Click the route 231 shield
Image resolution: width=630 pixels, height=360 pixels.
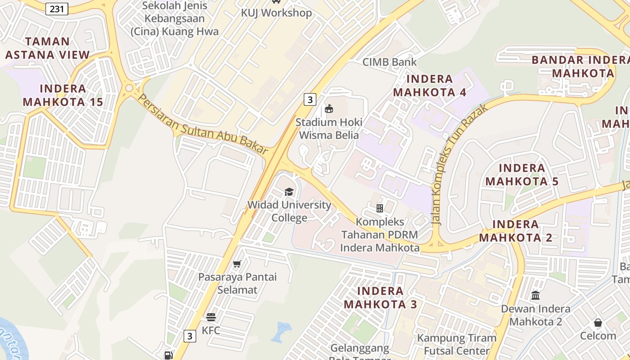tap(57, 9)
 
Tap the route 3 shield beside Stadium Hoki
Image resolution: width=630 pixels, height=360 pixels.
tap(310, 99)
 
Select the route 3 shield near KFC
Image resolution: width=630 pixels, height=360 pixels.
tap(190, 336)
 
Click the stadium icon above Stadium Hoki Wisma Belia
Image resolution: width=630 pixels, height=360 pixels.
tap(329, 108)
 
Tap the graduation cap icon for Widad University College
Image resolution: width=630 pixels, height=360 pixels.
tap(289, 192)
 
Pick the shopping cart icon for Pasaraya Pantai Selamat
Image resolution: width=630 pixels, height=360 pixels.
tap(237, 264)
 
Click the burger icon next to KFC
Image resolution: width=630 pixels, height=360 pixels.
tap(211, 317)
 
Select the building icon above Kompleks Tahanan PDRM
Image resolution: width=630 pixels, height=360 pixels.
tap(380, 208)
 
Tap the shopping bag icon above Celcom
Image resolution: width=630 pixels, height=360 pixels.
tap(598, 323)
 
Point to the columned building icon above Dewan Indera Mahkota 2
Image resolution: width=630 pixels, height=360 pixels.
tap(535, 296)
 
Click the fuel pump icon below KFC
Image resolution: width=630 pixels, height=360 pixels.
tap(168, 355)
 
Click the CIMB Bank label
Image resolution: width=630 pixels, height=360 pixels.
tap(390, 62)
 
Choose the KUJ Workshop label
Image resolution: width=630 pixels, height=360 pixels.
tap(276, 13)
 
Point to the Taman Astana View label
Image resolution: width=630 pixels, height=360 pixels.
tap(47, 48)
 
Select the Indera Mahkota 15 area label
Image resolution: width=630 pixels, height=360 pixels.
tap(63, 95)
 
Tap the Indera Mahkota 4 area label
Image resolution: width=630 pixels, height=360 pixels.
tap(430, 85)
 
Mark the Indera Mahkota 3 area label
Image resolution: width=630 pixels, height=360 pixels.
tap(380, 297)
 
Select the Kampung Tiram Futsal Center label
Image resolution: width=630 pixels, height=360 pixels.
tap(457, 344)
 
